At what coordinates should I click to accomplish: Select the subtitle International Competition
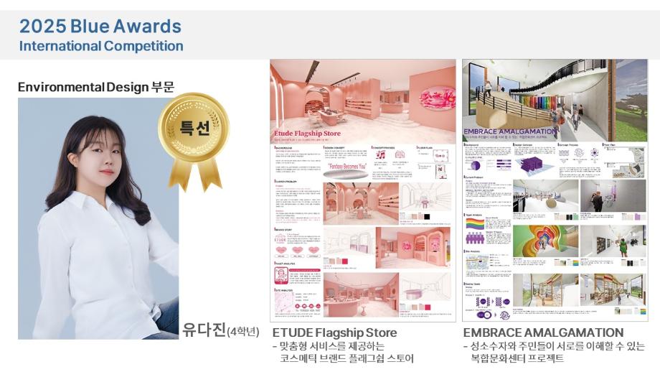(x=101, y=46)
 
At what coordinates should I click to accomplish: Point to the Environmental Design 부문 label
(x=95, y=87)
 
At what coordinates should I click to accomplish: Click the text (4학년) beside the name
(x=242, y=332)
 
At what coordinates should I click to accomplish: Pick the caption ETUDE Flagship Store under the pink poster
(x=334, y=333)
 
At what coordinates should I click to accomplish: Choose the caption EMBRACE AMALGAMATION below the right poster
(x=543, y=333)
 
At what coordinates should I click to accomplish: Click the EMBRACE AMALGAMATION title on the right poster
(x=510, y=131)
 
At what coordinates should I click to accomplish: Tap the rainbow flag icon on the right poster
(x=475, y=225)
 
